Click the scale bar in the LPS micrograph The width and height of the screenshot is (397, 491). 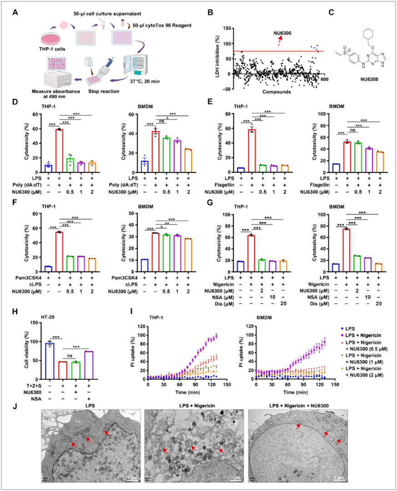pyautogui.click(x=132, y=478)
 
